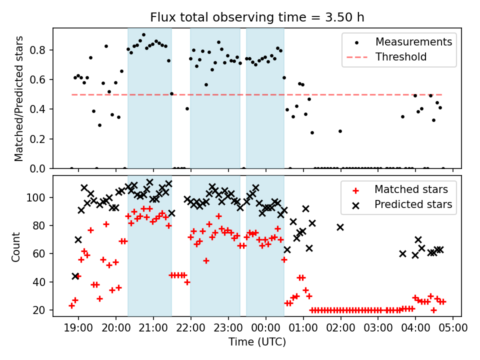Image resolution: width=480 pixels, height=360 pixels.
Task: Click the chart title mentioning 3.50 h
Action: coord(257,17)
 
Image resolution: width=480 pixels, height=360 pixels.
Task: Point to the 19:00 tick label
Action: coord(78,329)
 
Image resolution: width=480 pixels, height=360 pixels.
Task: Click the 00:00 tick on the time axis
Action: coord(265,329)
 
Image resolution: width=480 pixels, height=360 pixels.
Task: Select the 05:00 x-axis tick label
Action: coord(453,329)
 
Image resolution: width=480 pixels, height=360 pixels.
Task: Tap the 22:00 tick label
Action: coord(190,329)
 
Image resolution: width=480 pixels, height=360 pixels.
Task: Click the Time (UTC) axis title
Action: coord(257,342)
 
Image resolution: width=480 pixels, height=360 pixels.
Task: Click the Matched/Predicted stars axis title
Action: coord(19,98)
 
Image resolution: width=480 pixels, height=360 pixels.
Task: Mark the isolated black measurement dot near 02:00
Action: coord(340,131)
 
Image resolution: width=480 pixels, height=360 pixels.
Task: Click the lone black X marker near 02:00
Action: coord(340,227)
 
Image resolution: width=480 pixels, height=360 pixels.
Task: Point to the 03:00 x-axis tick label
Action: coord(378,329)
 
